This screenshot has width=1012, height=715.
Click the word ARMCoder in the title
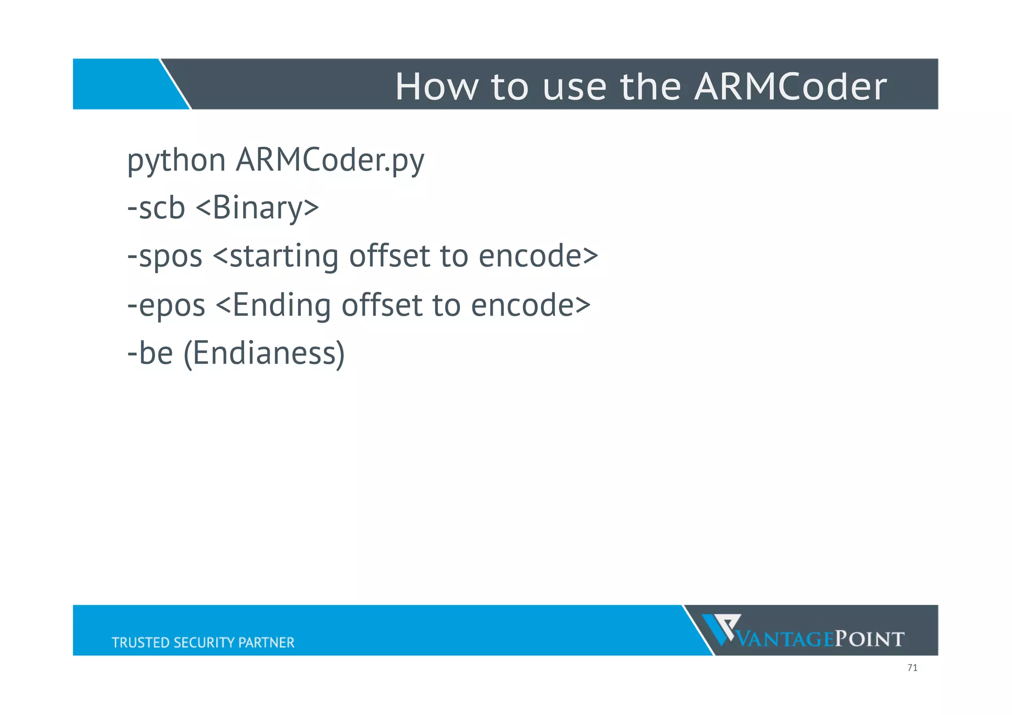[790, 86]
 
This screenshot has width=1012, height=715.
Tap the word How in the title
[437, 86]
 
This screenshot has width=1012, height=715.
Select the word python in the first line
[176, 161]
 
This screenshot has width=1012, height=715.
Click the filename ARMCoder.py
[330, 161]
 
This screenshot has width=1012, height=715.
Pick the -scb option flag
[156, 208]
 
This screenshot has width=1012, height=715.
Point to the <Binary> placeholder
[257, 208]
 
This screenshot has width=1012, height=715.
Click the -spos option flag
[165, 256]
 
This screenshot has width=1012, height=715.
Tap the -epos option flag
[166, 305]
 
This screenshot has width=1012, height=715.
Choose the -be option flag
[150, 353]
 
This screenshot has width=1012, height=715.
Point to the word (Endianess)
[264, 354]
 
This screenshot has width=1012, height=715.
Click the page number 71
[912, 668]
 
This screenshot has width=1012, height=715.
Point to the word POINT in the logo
[870, 639]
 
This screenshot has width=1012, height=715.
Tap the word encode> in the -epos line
[530, 305]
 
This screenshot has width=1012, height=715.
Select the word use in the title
[574, 86]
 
